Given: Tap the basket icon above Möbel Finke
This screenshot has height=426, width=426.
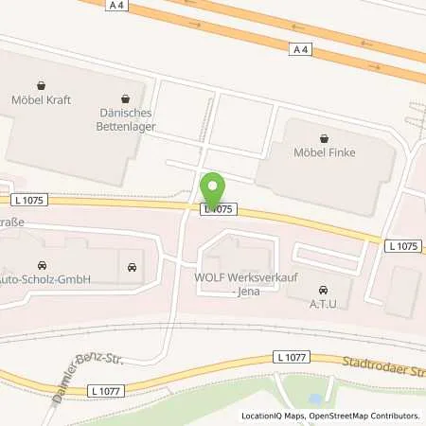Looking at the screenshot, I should pos(324,136).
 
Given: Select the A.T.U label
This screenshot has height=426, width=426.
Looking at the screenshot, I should pos(324,303).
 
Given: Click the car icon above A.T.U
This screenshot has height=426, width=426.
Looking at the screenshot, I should pos(324,289).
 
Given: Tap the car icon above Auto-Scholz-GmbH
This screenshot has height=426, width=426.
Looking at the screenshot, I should pos(41,266).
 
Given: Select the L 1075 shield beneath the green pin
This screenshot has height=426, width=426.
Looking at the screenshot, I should pos(218,208).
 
